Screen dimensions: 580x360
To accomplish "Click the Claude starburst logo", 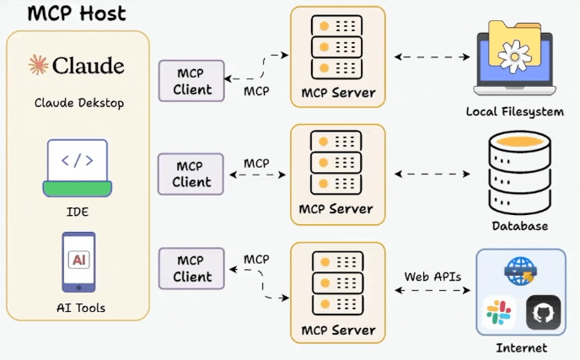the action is [x=39, y=65].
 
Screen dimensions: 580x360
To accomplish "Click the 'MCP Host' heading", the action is [x=77, y=13].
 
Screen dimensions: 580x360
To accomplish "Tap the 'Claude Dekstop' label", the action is [x=79, y=103].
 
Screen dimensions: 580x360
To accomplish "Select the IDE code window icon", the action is [x=78, y=168].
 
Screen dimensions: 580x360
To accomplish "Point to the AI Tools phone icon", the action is [x=78, y=262].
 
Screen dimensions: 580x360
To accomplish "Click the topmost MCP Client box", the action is [x=191, y=81].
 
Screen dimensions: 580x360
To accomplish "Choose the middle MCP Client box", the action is [x=191, y=174].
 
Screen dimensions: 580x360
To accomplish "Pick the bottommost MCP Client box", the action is [x=191, y=268].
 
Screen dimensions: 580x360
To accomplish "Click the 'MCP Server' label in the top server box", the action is [x=338, y=93].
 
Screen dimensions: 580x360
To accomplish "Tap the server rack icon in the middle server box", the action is [x=336, y=163].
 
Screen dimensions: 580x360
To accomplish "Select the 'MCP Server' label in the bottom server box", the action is [x=338, y=330].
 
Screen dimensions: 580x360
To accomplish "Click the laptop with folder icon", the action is [x=515, y=58].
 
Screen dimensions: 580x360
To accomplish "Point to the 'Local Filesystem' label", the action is [x=515, y=112].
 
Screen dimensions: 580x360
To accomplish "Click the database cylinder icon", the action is [x=519, y=173].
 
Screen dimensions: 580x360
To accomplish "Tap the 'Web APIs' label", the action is [x=432, y=277].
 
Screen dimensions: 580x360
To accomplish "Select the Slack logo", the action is [x=499, y=313].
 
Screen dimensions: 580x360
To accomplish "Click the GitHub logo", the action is [x=544, y=313].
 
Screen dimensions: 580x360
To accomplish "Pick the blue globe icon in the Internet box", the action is [x=520, y=271].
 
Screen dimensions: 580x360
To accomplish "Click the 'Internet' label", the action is [x=521, y=348].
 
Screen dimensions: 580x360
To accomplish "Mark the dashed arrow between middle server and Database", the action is [x=432, y=174].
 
